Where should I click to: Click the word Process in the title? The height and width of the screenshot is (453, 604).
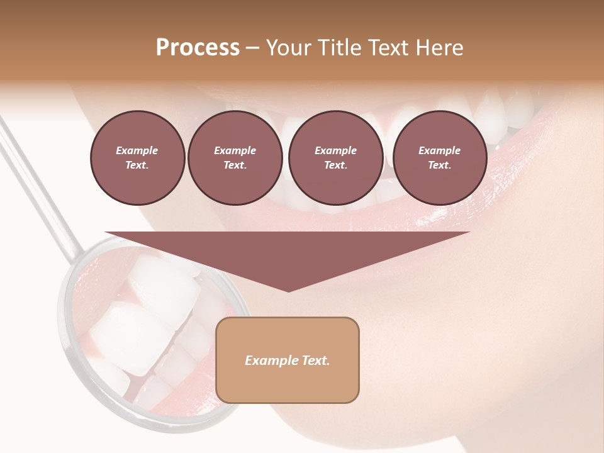click(x=198, y=48)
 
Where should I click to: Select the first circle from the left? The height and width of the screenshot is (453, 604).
click(x=137, y=158)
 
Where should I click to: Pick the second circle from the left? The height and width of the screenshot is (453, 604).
click(x=235, y=158)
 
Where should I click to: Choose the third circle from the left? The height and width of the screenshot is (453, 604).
click(x=335, y=158)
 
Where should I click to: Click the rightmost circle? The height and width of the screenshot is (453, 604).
click(x=440, y=158)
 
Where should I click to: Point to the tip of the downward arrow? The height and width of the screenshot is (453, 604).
click(x=288, y=291)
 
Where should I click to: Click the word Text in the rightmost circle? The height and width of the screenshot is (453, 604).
click(x=439, y=165)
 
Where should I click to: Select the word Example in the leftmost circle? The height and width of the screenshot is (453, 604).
click(x=137, y=151)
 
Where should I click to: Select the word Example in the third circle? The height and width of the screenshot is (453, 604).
click(x=335, y=151)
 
